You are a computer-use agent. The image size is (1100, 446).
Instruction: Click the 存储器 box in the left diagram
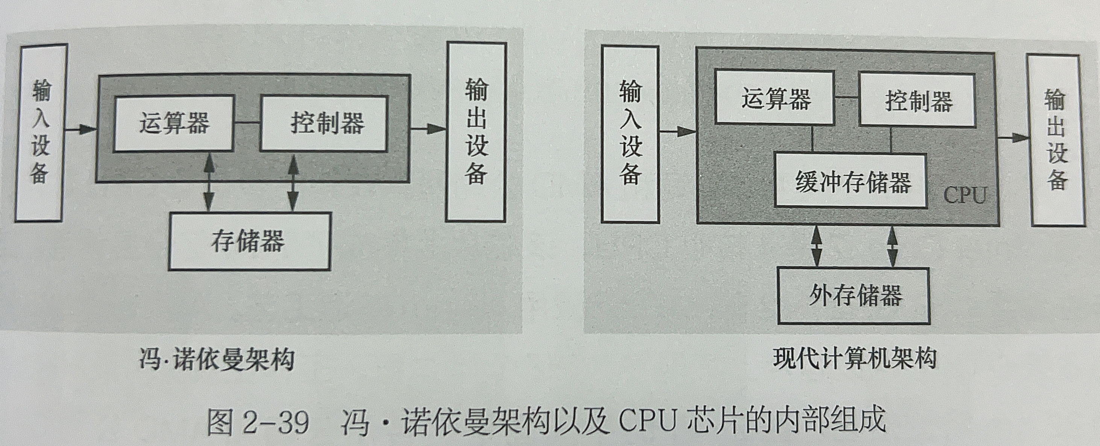(249, 241)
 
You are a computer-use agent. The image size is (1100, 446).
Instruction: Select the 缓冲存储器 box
(851, 181)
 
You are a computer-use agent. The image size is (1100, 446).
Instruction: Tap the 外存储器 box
(853, 295)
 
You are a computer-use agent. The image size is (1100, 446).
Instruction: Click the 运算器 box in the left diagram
(174, 123)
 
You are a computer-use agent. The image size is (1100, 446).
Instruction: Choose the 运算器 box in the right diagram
(775, 98)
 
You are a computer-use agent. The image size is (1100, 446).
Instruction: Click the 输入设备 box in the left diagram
(40, 133)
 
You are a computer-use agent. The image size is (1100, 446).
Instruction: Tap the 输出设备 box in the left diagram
(476, 132)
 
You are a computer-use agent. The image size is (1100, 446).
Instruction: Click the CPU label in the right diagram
(964, 196)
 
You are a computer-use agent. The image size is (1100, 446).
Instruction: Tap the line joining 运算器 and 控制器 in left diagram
(247, 123)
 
